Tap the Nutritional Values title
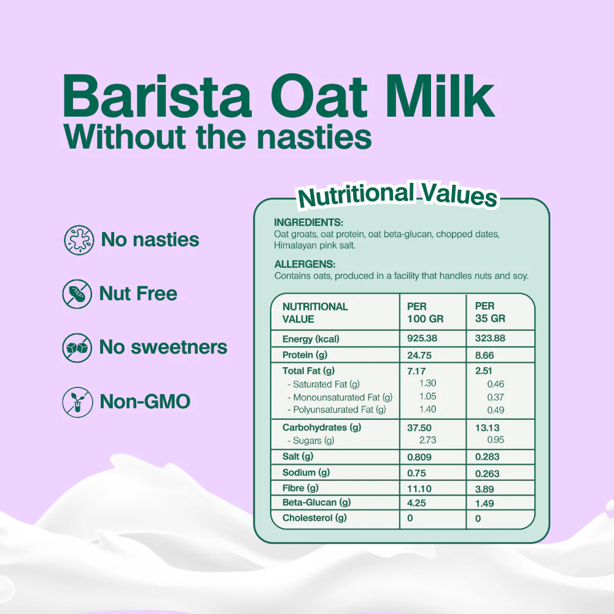coord(397,195)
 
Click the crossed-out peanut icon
coord(77,293)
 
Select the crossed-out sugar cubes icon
coord(77,348)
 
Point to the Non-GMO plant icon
coord(77,402)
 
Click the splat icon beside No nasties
coord(79,239)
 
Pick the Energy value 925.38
coord(422,338)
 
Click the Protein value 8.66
coord(484,355)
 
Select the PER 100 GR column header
coord(426,313)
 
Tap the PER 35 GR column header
coord(490,312)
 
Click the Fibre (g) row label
coord(300,488)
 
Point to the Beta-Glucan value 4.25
coord(416,503)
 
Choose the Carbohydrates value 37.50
coord(419,427)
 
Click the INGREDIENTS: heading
coord(309,222)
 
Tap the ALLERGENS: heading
coord(305,264)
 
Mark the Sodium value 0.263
coord(487,473)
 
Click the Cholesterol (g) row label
coord(314,518)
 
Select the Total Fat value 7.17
coord(416,371)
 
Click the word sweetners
coord(179,347)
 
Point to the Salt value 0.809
coord(419,457)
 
